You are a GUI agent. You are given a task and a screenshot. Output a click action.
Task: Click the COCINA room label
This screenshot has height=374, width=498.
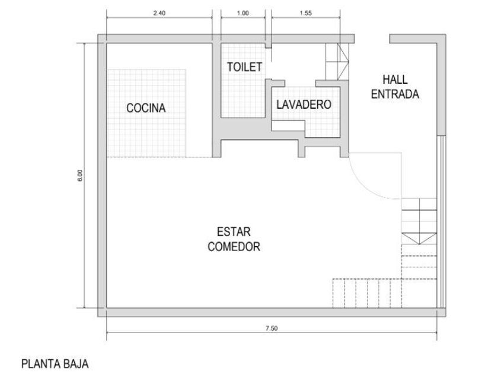coord(146,108)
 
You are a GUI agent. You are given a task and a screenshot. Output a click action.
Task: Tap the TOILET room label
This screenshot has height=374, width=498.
coord(244,67)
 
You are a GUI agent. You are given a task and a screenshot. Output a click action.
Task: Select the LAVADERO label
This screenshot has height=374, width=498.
coord(304,104)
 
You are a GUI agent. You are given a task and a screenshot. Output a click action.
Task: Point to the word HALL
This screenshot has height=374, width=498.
coord(395,80)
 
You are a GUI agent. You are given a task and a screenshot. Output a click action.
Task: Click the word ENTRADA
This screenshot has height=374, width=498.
coord(395,94)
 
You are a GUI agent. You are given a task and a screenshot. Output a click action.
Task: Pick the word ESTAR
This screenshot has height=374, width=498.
coord(234,232)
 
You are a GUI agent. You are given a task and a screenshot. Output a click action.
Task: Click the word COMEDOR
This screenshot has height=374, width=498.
coord(234,246)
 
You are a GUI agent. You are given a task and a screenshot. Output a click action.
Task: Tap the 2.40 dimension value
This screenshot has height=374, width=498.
coord(159,13)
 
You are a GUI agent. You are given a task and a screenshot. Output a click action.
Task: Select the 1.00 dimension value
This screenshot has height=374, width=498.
coord(243,13)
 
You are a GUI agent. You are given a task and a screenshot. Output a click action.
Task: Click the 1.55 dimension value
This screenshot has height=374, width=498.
coord(306,13)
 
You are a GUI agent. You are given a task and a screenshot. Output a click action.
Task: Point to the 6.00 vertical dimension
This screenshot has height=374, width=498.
coord(79,175)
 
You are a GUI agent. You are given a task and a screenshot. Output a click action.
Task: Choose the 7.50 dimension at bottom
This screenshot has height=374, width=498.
coord(272,328)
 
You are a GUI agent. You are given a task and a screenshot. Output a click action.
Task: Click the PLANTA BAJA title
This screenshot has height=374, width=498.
coord(55,364)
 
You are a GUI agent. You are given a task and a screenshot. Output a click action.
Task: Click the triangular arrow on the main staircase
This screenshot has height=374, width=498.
coord(419,239)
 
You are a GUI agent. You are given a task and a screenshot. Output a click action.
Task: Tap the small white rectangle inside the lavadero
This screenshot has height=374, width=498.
coord(288,126)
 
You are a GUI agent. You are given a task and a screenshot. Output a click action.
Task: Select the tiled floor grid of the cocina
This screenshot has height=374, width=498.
coord(146,113)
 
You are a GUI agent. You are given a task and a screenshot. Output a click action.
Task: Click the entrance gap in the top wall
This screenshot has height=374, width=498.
coord(372,39)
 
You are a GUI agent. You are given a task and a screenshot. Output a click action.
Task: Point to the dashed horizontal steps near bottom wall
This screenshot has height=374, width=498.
coord(367,293)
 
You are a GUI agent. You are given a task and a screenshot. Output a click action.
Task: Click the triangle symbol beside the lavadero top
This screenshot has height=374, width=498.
coord(343,61)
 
